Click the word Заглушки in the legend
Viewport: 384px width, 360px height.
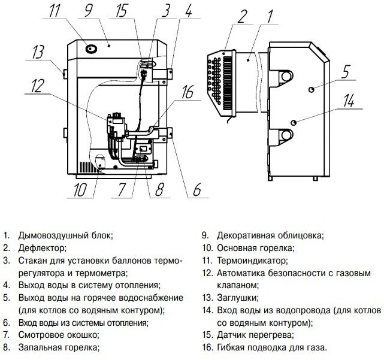click(238, 298)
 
